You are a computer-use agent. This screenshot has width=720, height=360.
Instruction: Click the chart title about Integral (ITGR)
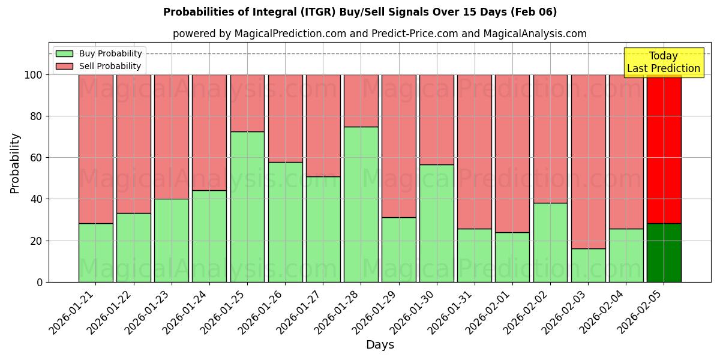click(x=360, y=12)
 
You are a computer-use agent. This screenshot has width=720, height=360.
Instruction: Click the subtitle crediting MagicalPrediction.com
click(x=379, y=34)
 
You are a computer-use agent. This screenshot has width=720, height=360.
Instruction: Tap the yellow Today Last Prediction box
click(x=663, y=62)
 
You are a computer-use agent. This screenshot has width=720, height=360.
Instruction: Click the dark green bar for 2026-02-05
click(x=664, y=253)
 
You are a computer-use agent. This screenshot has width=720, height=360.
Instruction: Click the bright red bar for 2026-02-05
click(x=664, y=149)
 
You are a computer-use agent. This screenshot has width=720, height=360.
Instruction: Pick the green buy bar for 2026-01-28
click(x=361, y=204)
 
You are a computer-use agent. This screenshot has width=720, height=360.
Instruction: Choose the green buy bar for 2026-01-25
click(x=247, y=206)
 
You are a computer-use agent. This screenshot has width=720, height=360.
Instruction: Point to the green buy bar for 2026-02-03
click(x=588, y=265)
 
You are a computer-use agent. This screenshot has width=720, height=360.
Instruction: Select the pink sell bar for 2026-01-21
click(x=96, y=149)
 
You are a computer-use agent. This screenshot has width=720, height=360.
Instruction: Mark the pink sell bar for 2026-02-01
click(x=512, y=153)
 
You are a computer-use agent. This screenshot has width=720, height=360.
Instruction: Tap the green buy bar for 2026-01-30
click(x=437, y=223)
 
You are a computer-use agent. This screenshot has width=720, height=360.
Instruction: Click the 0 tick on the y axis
click(x=40, y=282)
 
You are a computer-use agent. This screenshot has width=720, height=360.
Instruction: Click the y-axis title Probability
click(x=15, y=163)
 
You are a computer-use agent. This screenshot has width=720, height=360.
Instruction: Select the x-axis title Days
click(x=379, y=345)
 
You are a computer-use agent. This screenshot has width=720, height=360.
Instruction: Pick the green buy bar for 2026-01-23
click(x=172, y=240)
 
